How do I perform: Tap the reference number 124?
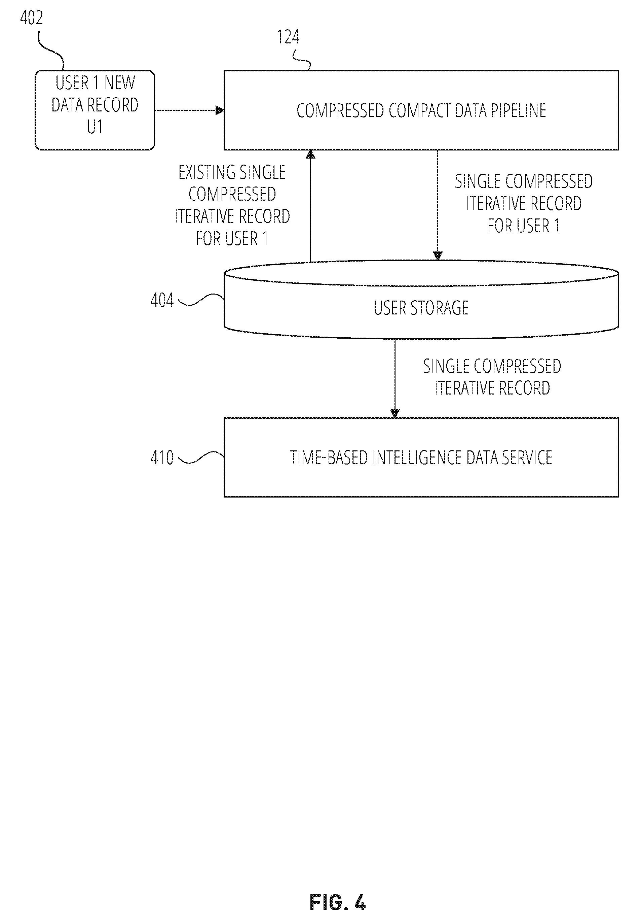coord(288,37)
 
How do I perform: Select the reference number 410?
coord(162,457)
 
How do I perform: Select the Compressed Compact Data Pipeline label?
coord(421,111)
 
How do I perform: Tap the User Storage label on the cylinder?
coord(421,308)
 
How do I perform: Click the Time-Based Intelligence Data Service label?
coord(421,457)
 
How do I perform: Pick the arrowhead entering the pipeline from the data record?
coord(220,110)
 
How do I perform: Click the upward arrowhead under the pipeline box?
coord(311,154)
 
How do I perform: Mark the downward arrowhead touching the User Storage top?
coord(438,255)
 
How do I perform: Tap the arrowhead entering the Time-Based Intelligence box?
coord(395,413)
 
